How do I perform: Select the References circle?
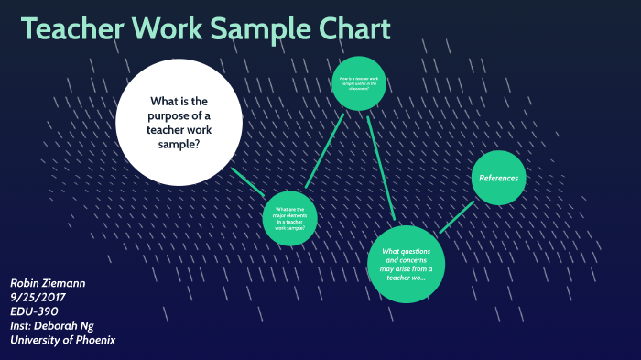(500, 177)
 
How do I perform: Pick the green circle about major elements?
(289, 219)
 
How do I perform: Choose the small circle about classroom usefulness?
(359, 82)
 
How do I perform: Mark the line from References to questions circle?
(457, 216)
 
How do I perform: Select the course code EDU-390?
(34, 311)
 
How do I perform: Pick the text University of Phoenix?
(62, 340)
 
